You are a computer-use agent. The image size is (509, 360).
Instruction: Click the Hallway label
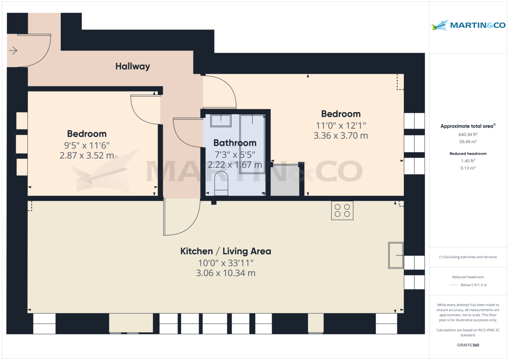pos(133,66)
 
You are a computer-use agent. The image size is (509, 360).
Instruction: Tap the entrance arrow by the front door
pos(13,50)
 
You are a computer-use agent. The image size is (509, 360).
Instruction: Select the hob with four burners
pos(342,211)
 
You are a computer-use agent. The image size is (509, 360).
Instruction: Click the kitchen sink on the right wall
pos(396,256)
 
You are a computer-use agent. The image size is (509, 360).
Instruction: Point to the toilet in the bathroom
pos(221,184)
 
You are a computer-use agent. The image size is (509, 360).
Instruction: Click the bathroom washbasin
pos(221,120)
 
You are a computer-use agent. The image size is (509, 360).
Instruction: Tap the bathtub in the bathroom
pos(252,144)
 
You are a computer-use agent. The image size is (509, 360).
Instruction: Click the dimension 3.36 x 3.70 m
pos(341,136)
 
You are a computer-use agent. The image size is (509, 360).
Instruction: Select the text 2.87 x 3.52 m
pos(87,155)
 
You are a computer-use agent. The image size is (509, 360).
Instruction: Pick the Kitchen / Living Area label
pos(226,251)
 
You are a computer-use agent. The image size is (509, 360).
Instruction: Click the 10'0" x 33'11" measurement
pos(226,263)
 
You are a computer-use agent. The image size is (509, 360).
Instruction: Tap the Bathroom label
pos(235,143)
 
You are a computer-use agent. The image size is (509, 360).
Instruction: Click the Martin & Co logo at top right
pos(468,25)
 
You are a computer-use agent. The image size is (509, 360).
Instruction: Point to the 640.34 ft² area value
pos(468,134)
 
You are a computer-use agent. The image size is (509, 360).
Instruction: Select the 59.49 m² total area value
pos(468,142)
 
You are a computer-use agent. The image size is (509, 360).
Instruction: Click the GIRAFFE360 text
pos(468,345)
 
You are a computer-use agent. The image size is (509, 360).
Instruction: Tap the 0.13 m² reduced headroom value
pos(468,168)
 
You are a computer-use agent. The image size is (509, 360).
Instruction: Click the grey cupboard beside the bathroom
pos(285,180)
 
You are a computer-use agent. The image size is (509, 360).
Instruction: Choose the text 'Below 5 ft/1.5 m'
pos(474,285)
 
